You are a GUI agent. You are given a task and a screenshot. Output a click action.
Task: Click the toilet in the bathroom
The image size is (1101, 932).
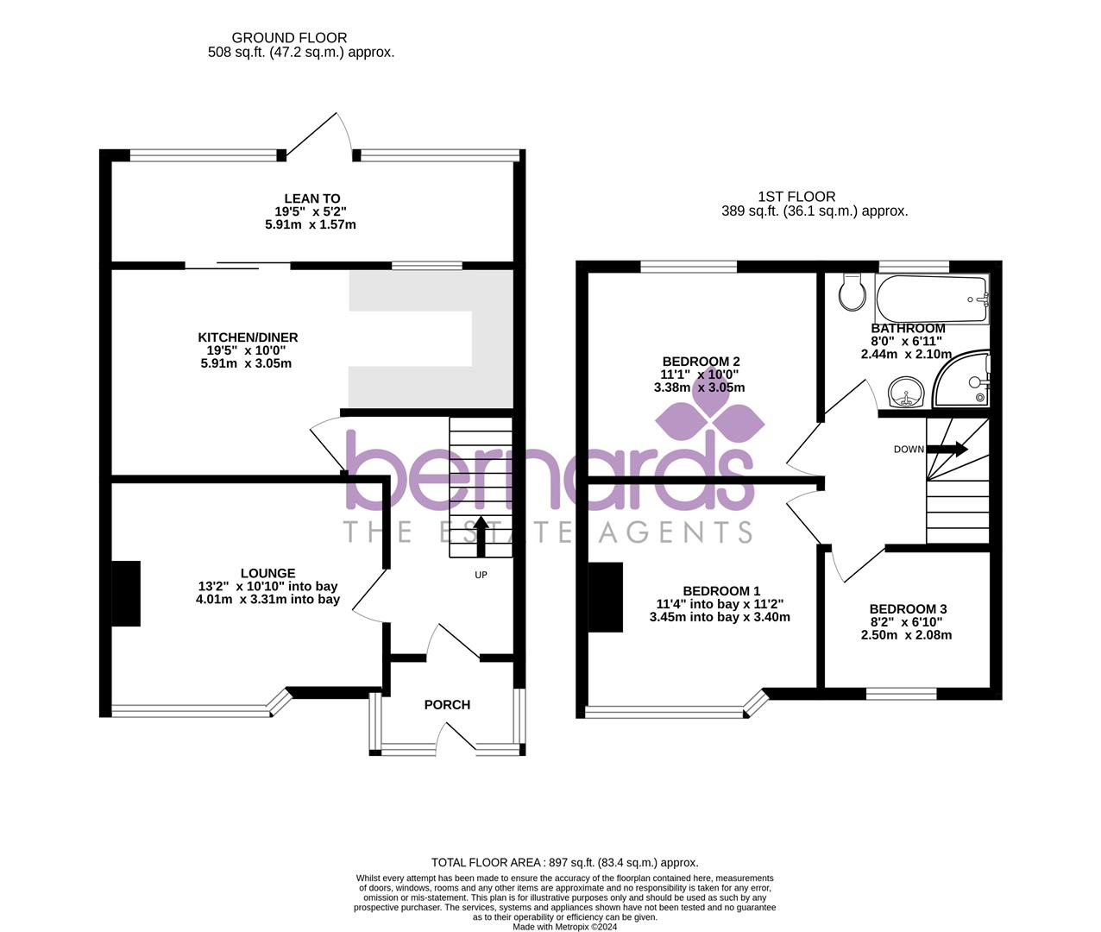pyautogui.click(x=852, y=293)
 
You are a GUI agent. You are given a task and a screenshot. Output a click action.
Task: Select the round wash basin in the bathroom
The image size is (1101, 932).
pyautogui.click(x=906, y=394)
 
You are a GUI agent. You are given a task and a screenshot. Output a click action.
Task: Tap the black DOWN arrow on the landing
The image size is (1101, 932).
pyautogui.click(x=947, y=449)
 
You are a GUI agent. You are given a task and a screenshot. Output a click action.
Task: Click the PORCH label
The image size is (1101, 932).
pyautogui.click(x=447, y=704)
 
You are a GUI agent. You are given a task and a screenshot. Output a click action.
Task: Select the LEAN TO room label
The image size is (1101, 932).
pyautogui.click(x=311, y=198)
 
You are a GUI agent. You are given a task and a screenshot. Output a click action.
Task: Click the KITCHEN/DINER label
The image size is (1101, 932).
pyautogui.click(x=248, y=337)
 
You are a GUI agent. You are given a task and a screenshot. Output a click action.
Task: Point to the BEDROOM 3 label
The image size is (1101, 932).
pyautogui.click(x=908, y=608)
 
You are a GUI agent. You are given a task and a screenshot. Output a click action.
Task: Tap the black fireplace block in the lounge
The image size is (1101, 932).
pyautogui.click(x=126, y=593)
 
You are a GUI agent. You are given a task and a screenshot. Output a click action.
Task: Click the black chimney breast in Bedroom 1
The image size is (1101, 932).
pyautogui.click(x=606, y=597)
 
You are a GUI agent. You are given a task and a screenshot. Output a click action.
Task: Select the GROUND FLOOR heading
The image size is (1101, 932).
pyautogui.click(x=289, y=38)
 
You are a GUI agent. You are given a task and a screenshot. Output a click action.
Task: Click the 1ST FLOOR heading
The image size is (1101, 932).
pyautogui.click(x=796, y=197)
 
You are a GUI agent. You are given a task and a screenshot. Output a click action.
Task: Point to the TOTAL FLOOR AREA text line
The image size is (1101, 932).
pyautogui.click(x=564, y=862)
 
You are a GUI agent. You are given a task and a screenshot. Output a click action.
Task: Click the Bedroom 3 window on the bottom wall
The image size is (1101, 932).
pyautogui.click(x=902, y=693)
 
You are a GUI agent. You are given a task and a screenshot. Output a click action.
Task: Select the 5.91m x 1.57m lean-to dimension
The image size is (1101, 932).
pyautogui.click(x=311, y=224)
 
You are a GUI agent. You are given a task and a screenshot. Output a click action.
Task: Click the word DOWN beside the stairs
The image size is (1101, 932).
pyautogui.click(x=909, y=449)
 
